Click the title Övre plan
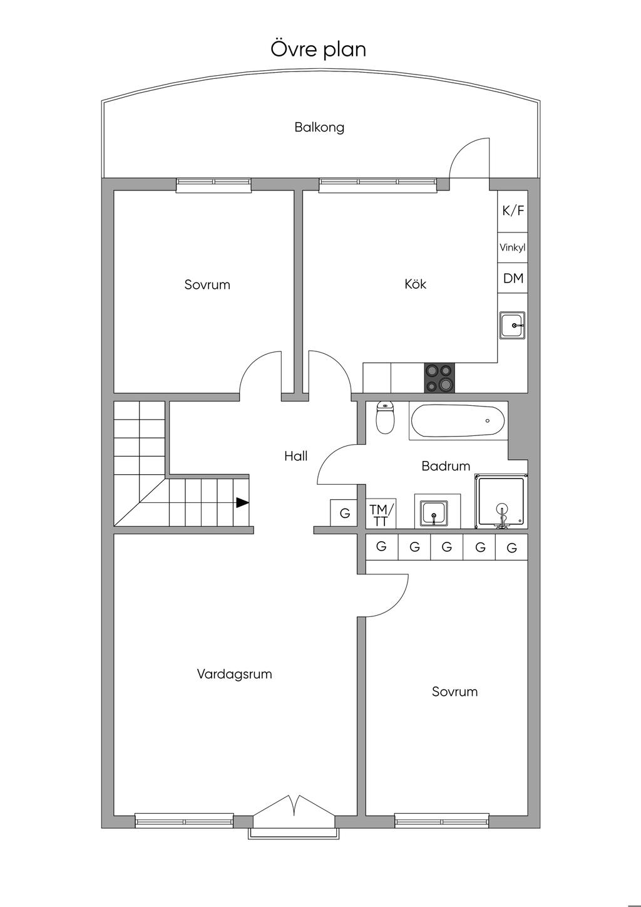tap(318, 49)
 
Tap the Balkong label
tap(319, 128)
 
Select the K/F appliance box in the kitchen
tap(513, 211)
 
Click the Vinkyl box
tap(513, 247)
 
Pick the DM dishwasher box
tap(513, 278)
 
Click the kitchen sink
tap(513, 325)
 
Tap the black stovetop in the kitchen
tap(439, 378)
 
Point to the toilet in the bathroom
tap(385, 417)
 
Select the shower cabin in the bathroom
tap(501, 502)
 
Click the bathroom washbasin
tap(434, 512)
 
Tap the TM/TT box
tap(381, 514)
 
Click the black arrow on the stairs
tap(242, 502)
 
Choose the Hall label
tap(296, 457)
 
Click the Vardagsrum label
tap(234, 674)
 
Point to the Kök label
tap(415, 284)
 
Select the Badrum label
tap(446, 466)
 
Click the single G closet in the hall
tap(344, 513)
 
